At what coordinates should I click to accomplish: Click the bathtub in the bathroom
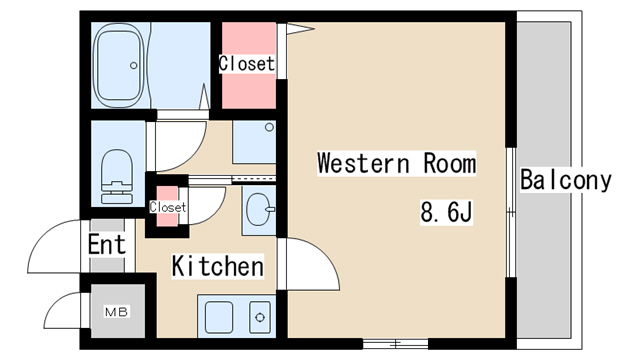click(118, 65)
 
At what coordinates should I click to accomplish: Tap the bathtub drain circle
click(133, 65)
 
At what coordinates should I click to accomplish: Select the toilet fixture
click(117, 176)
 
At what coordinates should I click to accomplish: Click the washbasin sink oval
click(258, 209)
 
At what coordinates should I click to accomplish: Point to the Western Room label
click(396, 163)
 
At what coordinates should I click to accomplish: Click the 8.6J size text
click(446, 212)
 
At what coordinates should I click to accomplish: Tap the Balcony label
click(566, 180)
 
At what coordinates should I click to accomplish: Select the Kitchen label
click(218, 266)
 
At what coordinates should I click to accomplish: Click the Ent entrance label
click(107, 244)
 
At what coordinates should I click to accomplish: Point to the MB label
click(117, 312)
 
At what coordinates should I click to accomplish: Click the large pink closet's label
click(247, 64)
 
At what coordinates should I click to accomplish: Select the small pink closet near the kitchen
click(168, 206)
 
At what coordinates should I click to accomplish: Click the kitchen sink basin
click(219, 318)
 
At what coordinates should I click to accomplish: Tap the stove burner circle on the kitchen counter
click(260, 317)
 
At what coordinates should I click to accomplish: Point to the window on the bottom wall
click(396, 344)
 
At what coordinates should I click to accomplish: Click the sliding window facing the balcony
click(511, 212)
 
